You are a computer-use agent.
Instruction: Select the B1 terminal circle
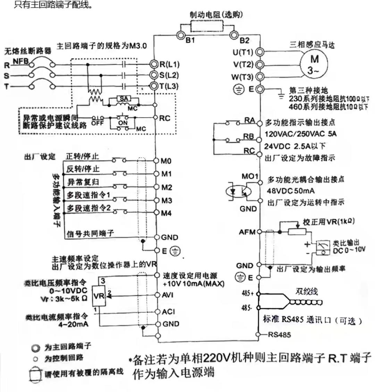click(181, 35)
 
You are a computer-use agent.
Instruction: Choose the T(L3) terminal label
click(169, 86)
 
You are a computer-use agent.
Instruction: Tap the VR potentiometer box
click(99, 296)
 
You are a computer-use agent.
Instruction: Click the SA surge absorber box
click(123, 99)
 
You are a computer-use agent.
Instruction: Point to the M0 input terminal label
click(166, 161)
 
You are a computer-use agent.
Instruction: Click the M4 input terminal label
click(166, 213)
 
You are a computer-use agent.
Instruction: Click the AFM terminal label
click(247, 232)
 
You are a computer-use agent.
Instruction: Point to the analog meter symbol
click(321, 247)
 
